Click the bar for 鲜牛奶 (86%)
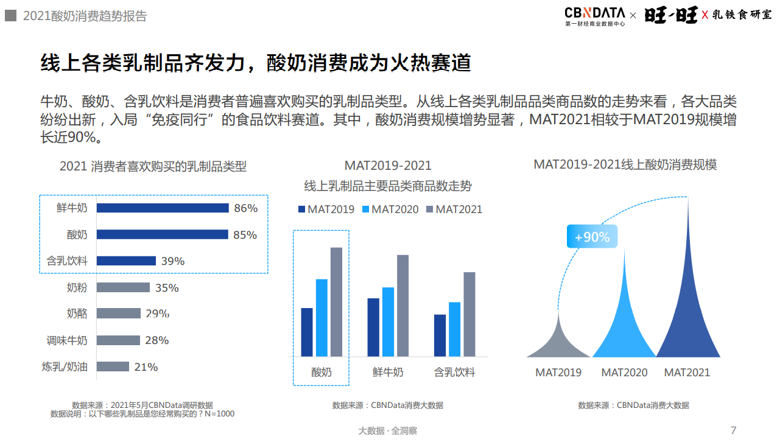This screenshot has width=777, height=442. (163, 208)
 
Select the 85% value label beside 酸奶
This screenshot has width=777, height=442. (245, 235)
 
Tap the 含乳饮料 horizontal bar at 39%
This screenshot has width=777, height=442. (126, 261)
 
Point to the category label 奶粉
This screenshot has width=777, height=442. (77, 287)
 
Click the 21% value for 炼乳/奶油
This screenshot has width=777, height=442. (146, 367)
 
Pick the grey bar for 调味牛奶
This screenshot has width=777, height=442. (118, 340)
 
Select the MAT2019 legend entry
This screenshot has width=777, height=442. (326, 209)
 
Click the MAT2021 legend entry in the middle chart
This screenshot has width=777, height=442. (454, 209)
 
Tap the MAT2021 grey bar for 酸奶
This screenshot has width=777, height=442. (336, 301)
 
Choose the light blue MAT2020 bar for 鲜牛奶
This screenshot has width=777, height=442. (388, 321)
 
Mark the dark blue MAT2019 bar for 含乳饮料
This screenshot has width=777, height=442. (440, 335)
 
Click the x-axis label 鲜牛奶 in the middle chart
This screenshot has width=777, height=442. (388, 372)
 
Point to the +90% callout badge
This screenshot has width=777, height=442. (592, 237)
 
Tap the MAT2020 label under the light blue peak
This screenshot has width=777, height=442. (624, 373)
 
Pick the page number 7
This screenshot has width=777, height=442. (733, 430)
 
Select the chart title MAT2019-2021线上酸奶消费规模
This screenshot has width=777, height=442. (625, 164)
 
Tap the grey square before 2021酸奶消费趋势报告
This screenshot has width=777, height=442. (10, 16)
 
